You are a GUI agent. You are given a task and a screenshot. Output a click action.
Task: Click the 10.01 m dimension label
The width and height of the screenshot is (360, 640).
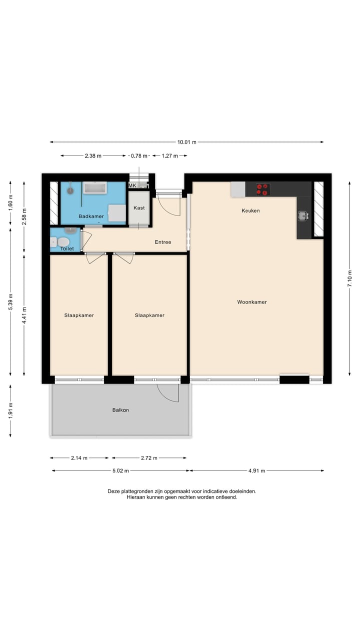tap(187, 142)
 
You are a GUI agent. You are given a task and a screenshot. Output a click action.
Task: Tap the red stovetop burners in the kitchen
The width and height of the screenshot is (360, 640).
tap(263, 189)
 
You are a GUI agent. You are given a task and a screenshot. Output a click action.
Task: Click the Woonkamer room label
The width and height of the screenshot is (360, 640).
tap(252, 302)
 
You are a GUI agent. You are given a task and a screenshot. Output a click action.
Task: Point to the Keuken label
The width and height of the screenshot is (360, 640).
tap(250, 210)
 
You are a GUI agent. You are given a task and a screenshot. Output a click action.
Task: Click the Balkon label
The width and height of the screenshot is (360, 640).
tap(120, 410)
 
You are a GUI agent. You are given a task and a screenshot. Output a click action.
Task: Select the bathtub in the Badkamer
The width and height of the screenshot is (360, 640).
tap(95, 187)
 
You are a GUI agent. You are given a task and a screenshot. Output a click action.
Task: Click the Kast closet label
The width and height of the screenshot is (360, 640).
tap(139, 207)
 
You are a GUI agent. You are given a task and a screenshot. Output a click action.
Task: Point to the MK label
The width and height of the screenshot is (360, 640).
tap(132, 185)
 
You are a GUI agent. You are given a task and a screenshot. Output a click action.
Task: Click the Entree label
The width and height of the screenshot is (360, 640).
tap(163, 242)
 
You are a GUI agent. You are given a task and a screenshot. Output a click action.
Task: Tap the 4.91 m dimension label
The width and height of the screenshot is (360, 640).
tap(256, 470)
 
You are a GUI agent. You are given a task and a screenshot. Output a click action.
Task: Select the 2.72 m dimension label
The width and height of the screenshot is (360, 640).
tap(149, 458)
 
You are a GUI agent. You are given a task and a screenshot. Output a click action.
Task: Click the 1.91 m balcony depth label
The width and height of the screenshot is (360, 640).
tap(10, 410)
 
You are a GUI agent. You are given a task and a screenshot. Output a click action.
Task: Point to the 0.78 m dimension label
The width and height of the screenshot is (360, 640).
tap(139, 155)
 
